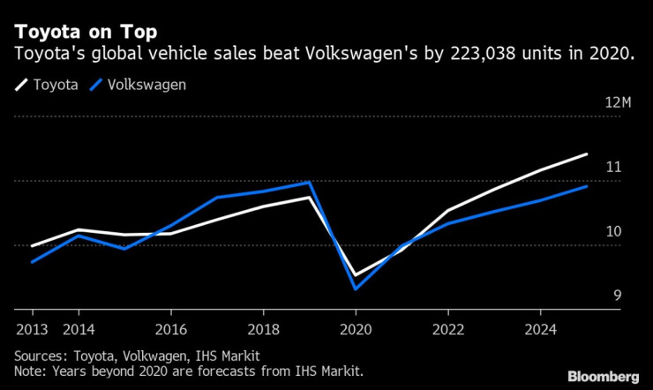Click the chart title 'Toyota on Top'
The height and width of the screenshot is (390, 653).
coord(86,32)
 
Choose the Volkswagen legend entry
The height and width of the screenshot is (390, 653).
coord(146,85)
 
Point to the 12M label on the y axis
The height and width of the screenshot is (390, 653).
coord(619,103)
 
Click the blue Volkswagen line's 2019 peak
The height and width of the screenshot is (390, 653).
coord(310,183)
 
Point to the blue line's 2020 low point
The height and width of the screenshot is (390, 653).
coord(356,289)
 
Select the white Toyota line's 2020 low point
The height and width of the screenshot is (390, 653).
coord(356,276)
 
